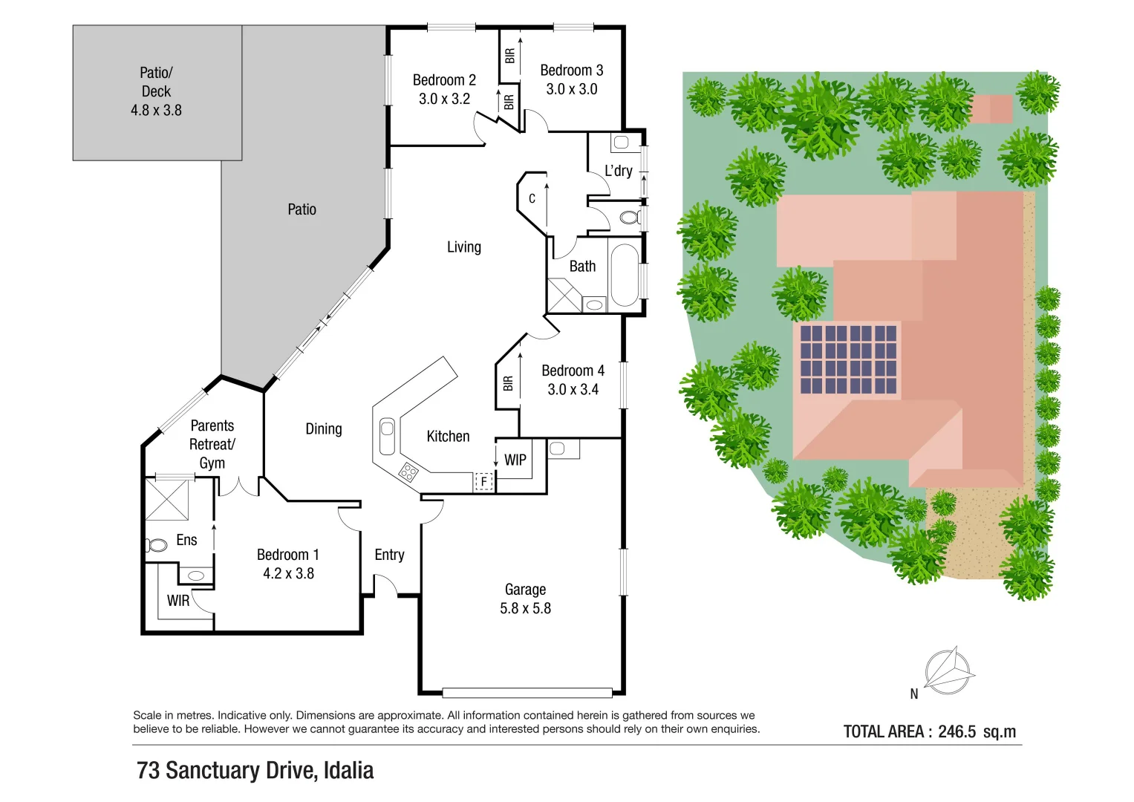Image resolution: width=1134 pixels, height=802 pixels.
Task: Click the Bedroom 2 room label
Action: [x=444, y=80]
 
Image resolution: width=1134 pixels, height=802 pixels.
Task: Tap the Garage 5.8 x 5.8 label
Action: [x=525, y=599]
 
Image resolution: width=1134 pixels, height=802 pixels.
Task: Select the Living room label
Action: [x=463, y=247]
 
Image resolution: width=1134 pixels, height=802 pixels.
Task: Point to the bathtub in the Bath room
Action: [x=624, y=276]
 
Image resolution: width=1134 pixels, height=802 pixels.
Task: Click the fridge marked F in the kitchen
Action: [x=483, y=482]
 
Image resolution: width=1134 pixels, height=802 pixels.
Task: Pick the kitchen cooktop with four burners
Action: [x=408, y=472]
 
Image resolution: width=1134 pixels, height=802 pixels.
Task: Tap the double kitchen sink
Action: [x=387, y=437]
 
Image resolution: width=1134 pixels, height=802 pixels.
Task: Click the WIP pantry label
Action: [x=515, y=460]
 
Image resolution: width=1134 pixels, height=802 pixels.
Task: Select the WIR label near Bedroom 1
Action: [x=177, y=601]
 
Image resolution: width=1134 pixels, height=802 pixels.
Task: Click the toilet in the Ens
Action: [x=157, y=546]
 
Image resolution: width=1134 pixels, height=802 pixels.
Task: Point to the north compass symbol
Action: [x=948, y=671]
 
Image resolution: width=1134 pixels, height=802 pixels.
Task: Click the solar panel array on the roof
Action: [x=848, y=359]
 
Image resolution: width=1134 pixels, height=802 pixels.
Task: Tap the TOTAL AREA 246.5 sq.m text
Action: [x=929, y=731]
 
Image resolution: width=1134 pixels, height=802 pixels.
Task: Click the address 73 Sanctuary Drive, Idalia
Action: [x=255, y=771]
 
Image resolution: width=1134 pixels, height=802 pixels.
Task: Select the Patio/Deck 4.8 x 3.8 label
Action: [x=156, y=91]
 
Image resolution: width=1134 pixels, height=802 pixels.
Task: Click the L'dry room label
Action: [x=618, y=171]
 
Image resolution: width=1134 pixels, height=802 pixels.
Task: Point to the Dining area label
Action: [x=324, y=429]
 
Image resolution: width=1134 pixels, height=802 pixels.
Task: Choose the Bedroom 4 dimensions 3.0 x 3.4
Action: [x=573, y=389]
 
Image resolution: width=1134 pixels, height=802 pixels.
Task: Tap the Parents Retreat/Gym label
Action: [x=212, y=444]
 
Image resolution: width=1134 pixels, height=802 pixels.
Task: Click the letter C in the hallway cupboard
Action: [x=532, y=199]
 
